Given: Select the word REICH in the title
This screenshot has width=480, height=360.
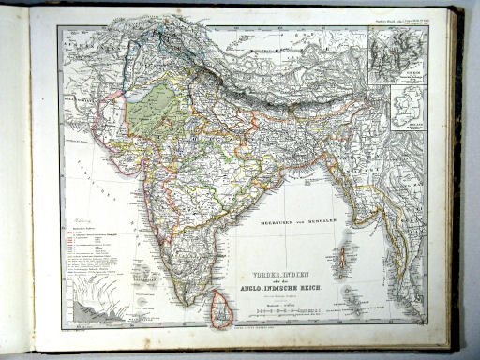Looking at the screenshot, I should [311, 274].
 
